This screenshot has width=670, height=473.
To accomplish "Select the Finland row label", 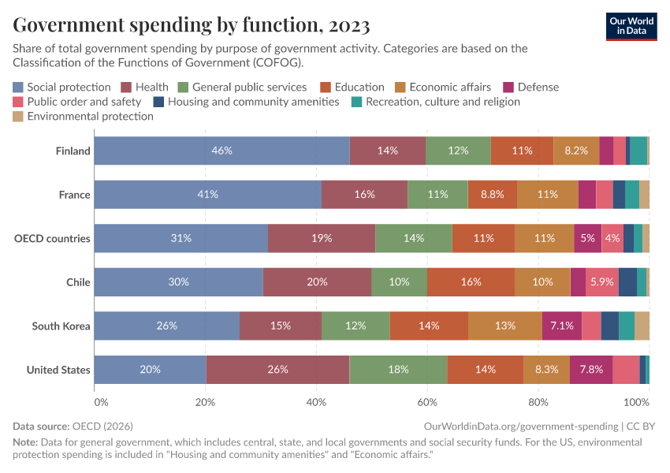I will (x=73, y=151).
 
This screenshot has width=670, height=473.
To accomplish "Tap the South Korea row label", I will (x=61, y=326).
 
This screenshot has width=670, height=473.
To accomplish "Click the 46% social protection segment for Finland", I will (x=221, y=151).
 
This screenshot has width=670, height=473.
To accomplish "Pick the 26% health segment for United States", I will (x=277, y=370).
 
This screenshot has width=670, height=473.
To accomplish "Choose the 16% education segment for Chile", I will (x=471, y=282).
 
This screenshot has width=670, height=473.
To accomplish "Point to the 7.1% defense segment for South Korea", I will (x=562, y=326).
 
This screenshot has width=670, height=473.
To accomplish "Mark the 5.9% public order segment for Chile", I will (x=602, y=282).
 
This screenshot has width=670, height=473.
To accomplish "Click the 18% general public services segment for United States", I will (x=398, y=370).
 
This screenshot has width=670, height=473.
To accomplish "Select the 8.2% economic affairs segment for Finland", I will (x=576, y=151).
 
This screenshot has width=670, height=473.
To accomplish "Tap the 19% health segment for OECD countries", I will (x=321, y=238).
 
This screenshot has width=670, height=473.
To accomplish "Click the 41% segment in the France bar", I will (x=208, y=195).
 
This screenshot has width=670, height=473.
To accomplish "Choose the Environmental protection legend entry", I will (x=90, y=116).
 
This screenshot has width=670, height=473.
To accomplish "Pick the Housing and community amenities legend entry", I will (x=253, y=102).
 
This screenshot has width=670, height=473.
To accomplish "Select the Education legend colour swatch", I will (x=325, y=88).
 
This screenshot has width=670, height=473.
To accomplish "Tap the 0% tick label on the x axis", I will (x=100, y=402).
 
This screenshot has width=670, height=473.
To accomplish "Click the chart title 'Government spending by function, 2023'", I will (x=192, y=25).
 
